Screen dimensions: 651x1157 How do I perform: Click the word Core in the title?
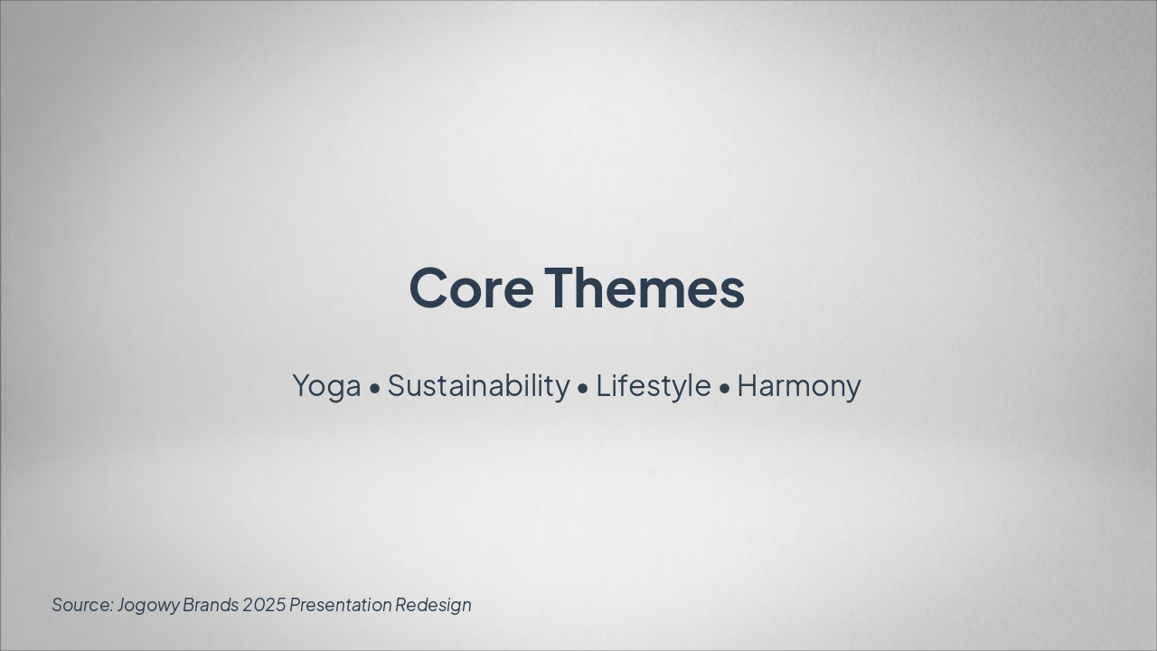(471, 288)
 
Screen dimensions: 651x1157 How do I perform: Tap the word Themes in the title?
(644, 288)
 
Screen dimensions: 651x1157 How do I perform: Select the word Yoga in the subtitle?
(326, 386)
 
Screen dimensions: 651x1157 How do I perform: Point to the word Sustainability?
(478, 386)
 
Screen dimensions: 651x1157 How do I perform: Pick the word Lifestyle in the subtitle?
(653, 386)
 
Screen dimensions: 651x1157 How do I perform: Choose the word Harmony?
(799, 386)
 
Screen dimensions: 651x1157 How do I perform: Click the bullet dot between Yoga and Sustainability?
(375, 389)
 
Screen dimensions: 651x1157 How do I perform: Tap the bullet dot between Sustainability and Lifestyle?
(583, 389)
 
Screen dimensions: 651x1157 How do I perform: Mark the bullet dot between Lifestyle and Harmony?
(725, 389)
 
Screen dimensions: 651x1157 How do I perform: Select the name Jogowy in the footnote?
(148, 605)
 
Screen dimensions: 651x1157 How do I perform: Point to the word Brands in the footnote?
(211, 605)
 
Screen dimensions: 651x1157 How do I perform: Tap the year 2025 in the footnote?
(264, 605)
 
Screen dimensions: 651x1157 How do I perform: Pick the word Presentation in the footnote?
(341, 605)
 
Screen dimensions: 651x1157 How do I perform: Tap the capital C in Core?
(429, 288)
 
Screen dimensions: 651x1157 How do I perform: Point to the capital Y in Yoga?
(301, 386)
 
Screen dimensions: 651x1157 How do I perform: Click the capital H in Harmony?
(748, 386)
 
